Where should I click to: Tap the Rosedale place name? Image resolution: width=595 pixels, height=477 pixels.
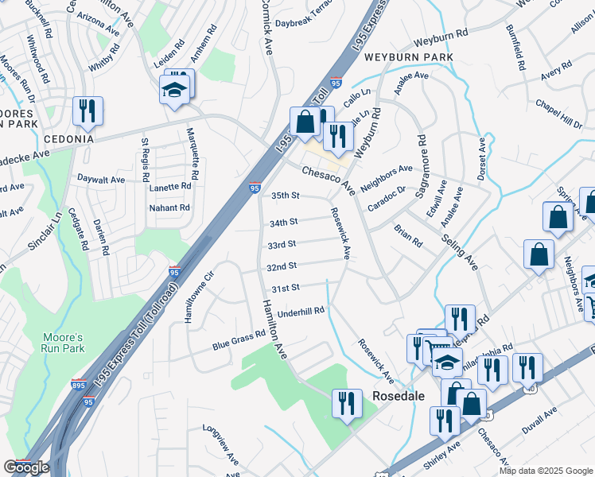click(396, 395)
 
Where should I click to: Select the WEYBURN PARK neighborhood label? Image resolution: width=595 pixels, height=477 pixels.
click(409, 58)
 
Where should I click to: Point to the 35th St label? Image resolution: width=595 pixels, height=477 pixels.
click(285, 195)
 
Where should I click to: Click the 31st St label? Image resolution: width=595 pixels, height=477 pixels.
click(285, 287)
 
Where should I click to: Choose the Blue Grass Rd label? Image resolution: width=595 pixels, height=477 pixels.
click(239, 341)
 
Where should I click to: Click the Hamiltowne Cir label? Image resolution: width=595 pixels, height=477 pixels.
click(200, 294)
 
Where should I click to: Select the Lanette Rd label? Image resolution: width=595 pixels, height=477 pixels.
click(170, 186)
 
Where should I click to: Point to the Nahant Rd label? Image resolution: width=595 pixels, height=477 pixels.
click(169, 207)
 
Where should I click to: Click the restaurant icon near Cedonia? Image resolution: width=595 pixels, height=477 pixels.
click(87, 111)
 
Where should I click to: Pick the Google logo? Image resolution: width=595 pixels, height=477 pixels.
click(26, 467)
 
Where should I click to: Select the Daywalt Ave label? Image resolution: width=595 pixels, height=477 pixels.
click(101, 180)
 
